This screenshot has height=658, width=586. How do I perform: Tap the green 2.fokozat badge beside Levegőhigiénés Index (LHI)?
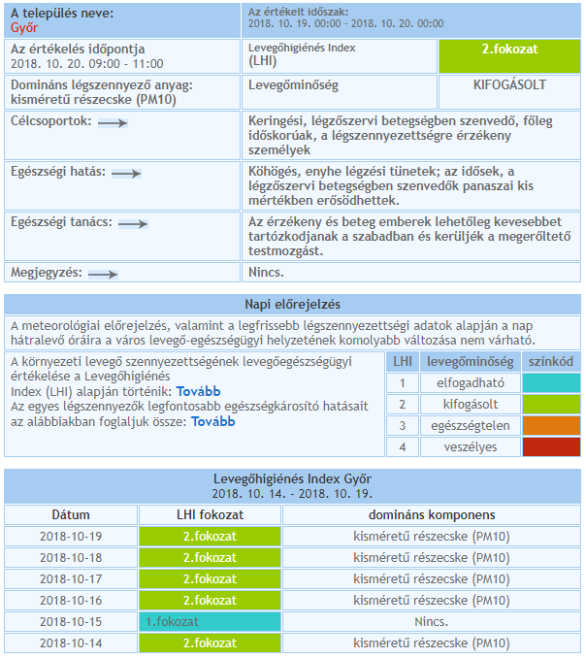[x=509, y=53]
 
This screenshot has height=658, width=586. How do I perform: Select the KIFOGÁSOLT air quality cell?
[x=509, y=85]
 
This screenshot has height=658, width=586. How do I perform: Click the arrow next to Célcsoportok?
[x=113, y=123]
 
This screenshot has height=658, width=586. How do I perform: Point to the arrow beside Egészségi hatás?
[x=127, y=173]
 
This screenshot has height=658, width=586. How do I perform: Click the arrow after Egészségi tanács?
[x=132, y=223]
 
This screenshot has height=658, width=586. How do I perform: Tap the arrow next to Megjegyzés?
[x=103, y=275]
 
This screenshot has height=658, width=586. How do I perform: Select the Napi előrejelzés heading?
[x=292, y=304]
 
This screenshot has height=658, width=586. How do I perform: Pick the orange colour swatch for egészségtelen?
[x=551, y=426]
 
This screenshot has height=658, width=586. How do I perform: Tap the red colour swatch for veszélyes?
[x=551, y=447]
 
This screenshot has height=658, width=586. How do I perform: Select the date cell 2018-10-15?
[x=71, y=621]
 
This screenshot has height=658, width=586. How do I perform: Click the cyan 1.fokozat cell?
[x=211, y=621]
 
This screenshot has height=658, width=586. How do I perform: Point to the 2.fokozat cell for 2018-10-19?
[x=211, y=536]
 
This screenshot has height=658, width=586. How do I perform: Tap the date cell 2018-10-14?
[x=71, y=642]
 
